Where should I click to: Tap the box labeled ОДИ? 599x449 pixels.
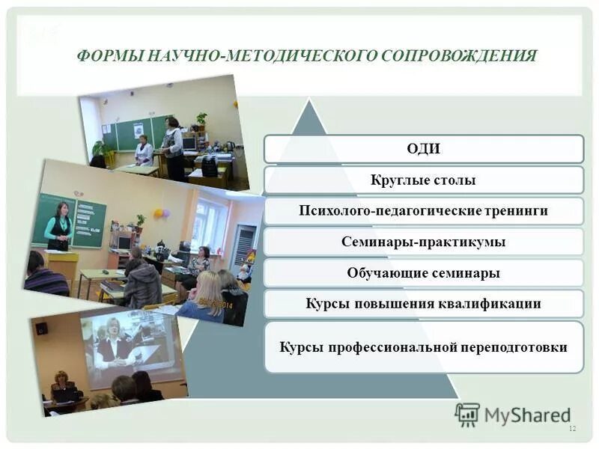click(x=423, y=149)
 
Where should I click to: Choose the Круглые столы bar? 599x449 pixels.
click(x=423, y=180)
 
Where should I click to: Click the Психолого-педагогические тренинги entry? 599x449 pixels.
click(x=423, y=211)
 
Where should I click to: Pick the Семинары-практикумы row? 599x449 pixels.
click(x=423, y=242)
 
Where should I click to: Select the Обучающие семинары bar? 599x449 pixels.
click(x=423, y=273)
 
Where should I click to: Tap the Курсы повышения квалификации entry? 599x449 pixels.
click(x=423, y=304)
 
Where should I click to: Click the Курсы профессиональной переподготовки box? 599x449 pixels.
click(x=423, y=347)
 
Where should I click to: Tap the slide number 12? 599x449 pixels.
click(x=573, y=428)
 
